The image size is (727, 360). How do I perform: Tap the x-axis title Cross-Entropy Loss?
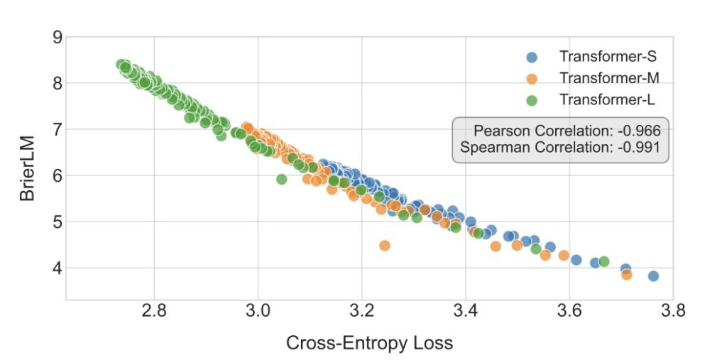pyautogui.click(x=369, y=343)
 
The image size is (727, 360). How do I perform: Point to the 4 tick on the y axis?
pyautogui.click(x=57, y=268)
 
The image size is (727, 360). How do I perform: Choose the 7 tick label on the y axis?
pyautogui.click(x=57, y=129)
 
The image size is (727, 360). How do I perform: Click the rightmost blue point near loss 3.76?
pyautogui.click(x=653, y=276)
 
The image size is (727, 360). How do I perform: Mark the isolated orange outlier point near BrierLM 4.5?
pyautogui.click(x=385, y=246)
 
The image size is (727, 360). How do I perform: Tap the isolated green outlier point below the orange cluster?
pyautogui.click(x=281, y=179)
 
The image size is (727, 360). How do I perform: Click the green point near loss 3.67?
pyautogui.click(x=604, y=262)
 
